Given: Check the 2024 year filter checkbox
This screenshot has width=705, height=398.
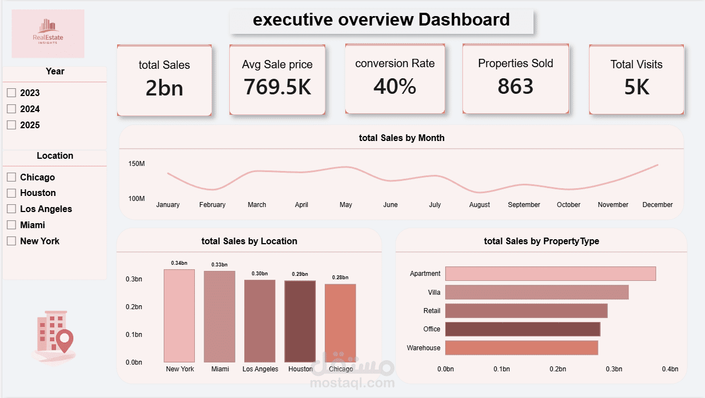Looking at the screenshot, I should (x=11, y=109).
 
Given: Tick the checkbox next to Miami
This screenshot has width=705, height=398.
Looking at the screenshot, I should (x=11, y=225).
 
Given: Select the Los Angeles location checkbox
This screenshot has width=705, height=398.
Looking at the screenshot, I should (x=11, y=209).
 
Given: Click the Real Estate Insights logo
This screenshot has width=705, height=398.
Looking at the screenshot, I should (x=48, y=33).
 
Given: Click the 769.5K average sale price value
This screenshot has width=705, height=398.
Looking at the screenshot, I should (x=277, y=87).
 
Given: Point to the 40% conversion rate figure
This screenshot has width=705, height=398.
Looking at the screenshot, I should (x=395, y=86).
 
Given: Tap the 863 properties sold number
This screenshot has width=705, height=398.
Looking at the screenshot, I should (x=515, y=86).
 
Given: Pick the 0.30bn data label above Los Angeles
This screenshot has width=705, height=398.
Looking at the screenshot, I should (x=260, y=274).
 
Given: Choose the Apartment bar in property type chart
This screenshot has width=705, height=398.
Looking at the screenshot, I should (x=550, y=274).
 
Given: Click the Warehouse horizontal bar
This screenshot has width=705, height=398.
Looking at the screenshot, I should (x=521, y=348).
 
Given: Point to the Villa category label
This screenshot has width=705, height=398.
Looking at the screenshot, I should (x=434, y=292).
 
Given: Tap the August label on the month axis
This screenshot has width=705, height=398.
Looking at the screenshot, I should (x=480, y=205).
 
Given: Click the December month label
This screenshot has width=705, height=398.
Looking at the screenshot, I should (x=657, y=205).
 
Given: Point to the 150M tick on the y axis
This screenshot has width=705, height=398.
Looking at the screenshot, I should (x=137, y=164).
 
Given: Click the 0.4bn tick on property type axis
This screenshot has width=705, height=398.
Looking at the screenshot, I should (x=670, y=369).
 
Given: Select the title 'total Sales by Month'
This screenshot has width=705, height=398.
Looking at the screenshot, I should (x=401, y=138).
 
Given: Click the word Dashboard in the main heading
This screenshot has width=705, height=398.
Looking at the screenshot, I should (x=464, y=19).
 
